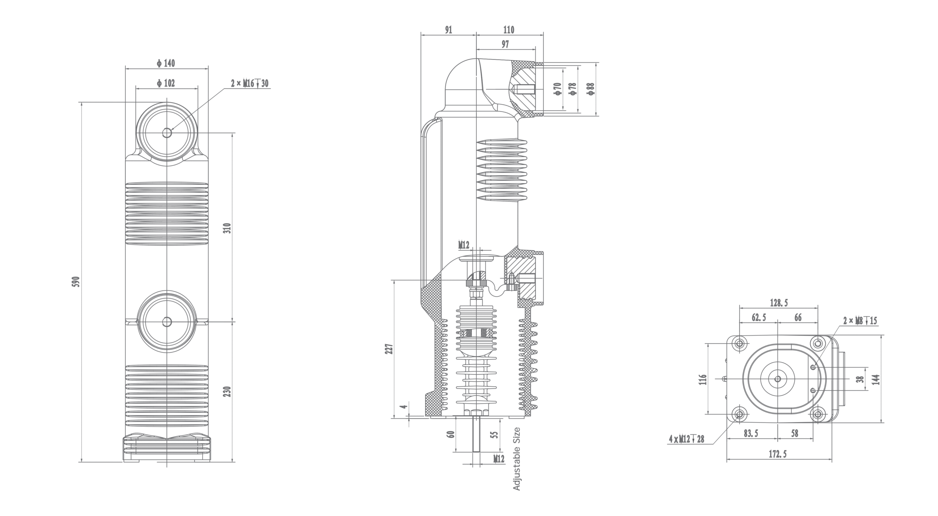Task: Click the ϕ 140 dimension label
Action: tap(166, 63)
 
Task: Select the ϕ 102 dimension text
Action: tap(166, 84)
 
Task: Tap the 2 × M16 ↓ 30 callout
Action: tap(250, 84)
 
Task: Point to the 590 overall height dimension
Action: tap(77, 281)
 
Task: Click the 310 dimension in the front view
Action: tap(228, 228)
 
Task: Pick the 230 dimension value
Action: tap(228, 392)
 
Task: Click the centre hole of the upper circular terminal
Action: tap(167, 133)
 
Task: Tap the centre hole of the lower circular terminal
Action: tap(167, 322)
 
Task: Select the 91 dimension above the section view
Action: tap(448, 30)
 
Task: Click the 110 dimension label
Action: tap(509, 30)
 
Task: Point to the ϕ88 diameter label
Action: tap(590, 89)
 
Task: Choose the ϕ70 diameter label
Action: tap(557, 89)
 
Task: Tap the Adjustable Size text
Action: tap(517, 459)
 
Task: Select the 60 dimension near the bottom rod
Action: tap(451, 434)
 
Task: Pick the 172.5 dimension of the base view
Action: tap(778, 454)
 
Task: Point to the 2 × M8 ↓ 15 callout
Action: tap(860, 321)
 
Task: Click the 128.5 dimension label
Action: tap(779, 303)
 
